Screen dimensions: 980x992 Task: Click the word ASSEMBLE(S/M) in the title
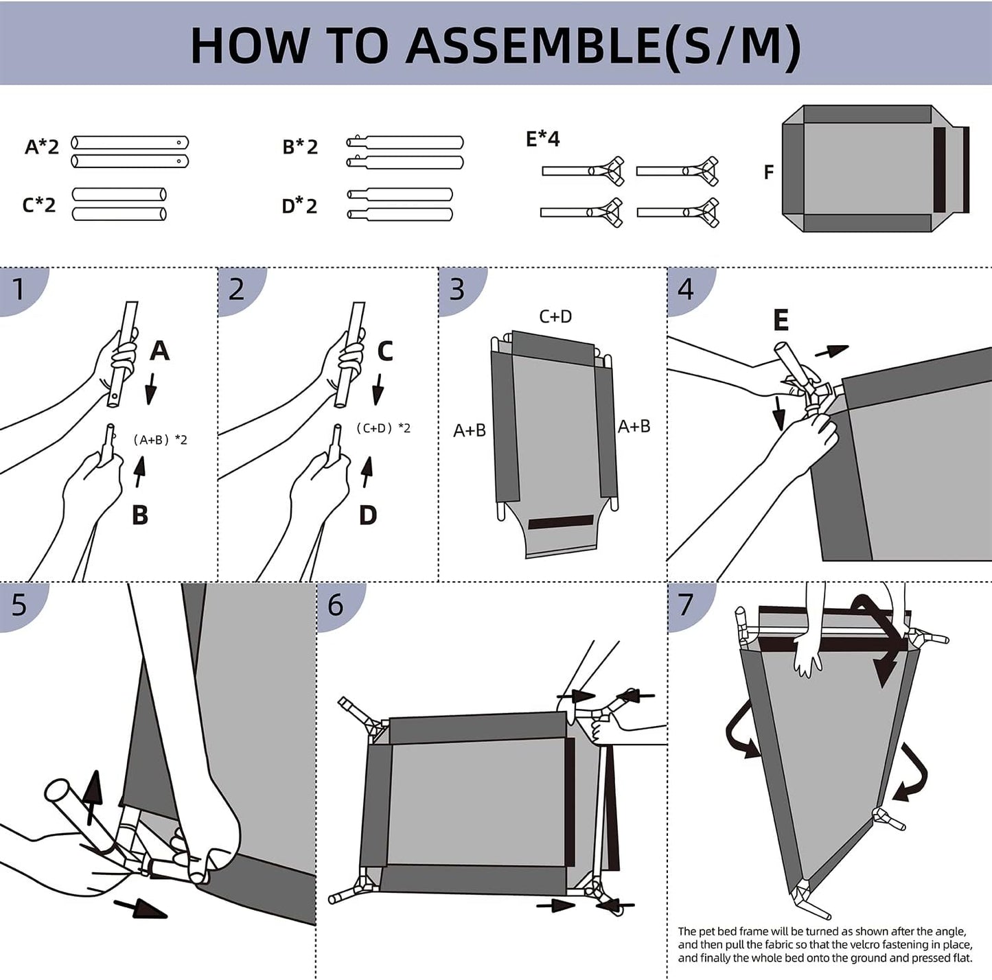(603, 45)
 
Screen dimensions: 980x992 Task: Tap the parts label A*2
(42, 147)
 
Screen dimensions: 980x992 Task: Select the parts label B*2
(300, 147)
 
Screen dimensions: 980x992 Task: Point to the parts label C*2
(39, 205)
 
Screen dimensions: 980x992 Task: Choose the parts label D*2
(299, 205)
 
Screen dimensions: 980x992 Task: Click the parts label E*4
(542, 139)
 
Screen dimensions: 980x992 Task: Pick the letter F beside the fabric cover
(769, 172)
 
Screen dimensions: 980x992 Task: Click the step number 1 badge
(19, 289)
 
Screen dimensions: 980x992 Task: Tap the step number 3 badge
(457, 290)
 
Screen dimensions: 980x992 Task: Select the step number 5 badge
(19, 605)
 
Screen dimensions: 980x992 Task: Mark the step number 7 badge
(686, 605)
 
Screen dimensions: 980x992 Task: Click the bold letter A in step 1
(159, 351)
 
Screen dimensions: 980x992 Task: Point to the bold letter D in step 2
(368, 515)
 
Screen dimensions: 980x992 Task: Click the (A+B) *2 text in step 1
(160, 440)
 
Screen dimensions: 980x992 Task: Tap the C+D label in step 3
(555, 316)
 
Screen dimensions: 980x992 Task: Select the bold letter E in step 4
(781, 320)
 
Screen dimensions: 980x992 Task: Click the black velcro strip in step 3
(561, 522)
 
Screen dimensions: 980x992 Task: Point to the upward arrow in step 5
(92, 796)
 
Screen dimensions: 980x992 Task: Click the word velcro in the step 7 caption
(860, 945)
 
